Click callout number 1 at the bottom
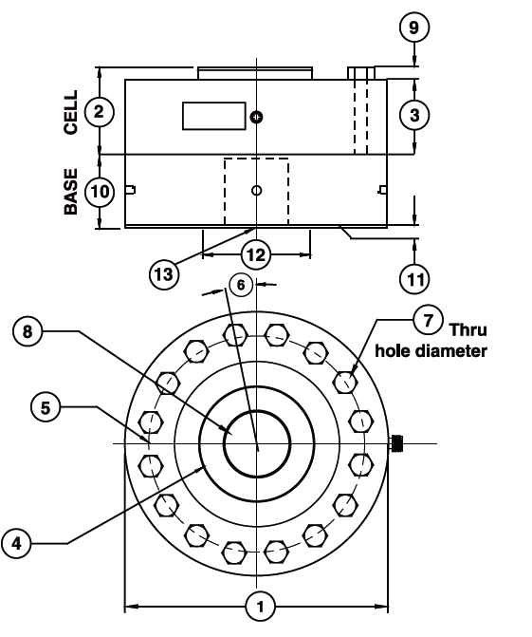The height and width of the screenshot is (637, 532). [260, 606]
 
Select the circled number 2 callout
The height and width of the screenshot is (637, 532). [99, 112]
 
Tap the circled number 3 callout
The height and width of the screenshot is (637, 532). [413, 115]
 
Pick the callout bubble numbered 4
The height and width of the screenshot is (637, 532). [16, 543]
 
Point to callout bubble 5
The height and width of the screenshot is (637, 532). [46, 407]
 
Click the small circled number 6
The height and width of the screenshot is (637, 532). [241, 285]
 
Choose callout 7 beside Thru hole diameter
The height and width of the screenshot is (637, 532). [428, 320]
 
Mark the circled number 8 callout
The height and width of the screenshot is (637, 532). [28, 331]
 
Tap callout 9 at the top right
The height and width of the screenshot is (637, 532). [413, 28]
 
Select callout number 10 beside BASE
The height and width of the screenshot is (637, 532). [100, 192]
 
